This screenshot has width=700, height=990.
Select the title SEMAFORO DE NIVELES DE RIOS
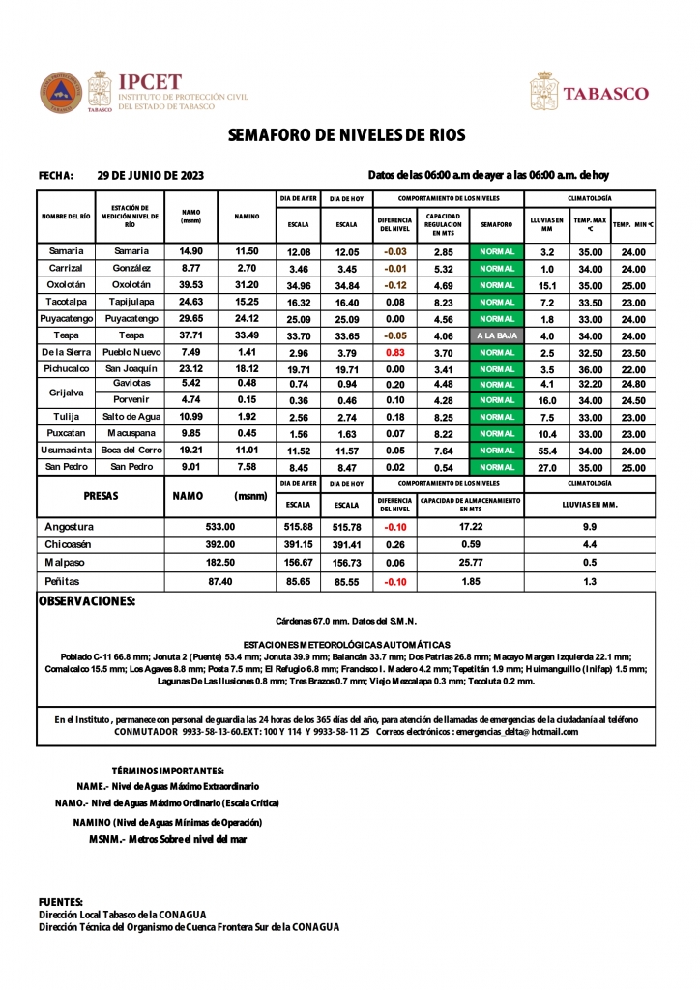tap(349, 136)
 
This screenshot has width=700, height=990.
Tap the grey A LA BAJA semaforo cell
tap(497, 335)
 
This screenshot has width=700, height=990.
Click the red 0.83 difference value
tap(394, 352)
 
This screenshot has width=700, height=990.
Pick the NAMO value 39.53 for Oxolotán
tap(191, 285)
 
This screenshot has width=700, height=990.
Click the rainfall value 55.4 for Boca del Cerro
tap(547, 451)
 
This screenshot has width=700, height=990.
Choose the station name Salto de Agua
tap(131, 418)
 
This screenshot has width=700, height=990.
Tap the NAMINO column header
tap(247, 218)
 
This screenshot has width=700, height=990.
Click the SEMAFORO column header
tap(497, 224)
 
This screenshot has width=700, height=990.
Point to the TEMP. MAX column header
tap(590, 224)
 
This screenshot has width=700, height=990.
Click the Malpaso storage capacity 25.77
tap(471, 564)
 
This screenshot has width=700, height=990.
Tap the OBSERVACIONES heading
tap(86, 601)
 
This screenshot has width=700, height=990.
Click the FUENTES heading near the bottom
tap(60, 901)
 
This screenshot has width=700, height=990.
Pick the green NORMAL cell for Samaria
tap(497, 251)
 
